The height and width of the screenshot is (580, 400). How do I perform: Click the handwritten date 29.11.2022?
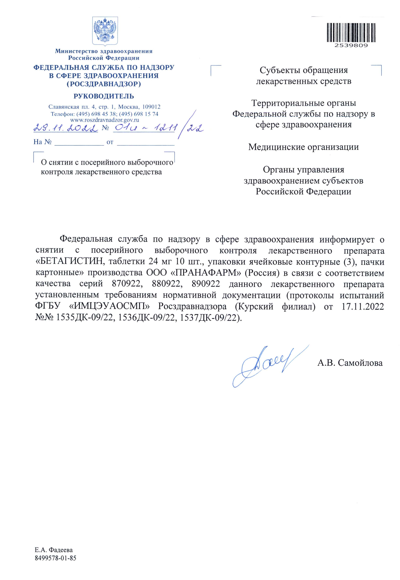pyautogui.click(x=66, y=129)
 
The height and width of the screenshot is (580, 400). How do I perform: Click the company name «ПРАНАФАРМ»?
pyautogui.click(x=206, y=273)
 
